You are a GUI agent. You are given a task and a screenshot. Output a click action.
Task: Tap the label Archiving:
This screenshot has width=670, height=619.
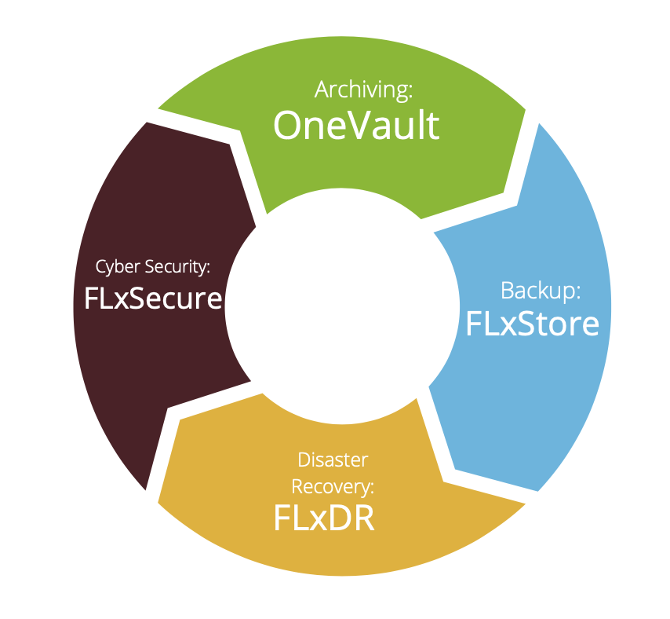click(x=363, y=90)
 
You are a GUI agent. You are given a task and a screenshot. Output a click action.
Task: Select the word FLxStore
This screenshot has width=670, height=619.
click(x=532, y=323)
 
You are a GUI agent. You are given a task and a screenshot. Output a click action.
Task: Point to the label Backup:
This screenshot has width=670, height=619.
click(x=541, y=291)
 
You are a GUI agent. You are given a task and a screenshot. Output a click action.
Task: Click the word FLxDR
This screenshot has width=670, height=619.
click(x=323, y=518)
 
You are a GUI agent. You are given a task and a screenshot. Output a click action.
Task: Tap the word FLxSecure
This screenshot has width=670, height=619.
click(x=154, y=298)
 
